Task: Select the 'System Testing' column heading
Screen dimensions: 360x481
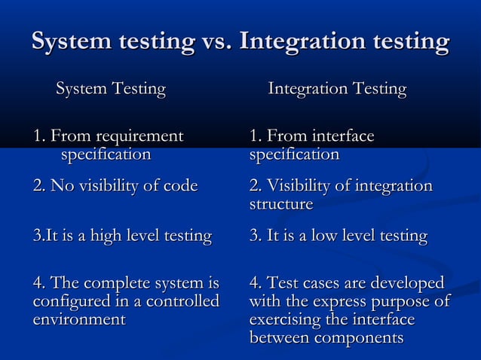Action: click(x=111, y=90)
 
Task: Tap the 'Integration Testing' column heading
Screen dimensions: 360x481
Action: click(x=337, y=90)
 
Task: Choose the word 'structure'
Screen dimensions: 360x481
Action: click(x=280, y=204)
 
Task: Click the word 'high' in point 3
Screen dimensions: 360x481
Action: click(x=105, y=236)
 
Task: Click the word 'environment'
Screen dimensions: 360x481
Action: click(x=79, y=320)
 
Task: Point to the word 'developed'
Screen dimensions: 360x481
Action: click(x=408, y=284)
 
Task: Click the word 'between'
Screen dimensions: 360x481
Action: click(x=277, y=338)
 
